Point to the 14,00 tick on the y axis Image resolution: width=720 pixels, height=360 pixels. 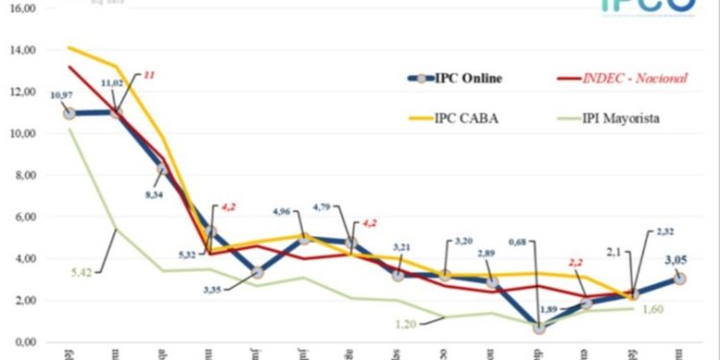[21, 50]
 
